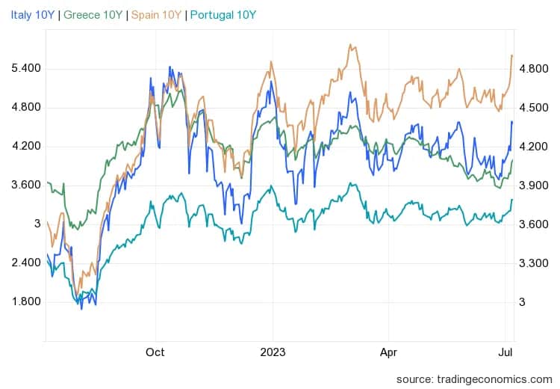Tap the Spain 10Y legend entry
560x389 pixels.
click(x=154, y=14)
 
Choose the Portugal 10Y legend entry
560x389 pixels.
click(x=222, y=14)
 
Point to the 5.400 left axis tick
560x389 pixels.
click(x=26, y=69)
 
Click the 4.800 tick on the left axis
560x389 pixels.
click(x=26, y=108)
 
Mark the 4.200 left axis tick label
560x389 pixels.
click(x=26, y=147)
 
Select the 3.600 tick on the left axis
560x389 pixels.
click(x=26, y=186)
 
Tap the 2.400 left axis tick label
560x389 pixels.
click(x=26, y=263)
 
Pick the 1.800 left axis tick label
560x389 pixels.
click(x=26, y=302)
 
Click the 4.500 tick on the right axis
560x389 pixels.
click(x=533, y=108)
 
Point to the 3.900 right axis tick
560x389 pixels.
click(x=533, y=186)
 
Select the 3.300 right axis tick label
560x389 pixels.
click(x=533, y=263)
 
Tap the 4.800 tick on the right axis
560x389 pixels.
click(x=533, y=69)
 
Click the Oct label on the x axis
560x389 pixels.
click(x=155, y=352)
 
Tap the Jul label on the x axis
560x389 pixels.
click(x=505, y=352)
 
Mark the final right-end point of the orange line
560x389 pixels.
click(x=511, y=55)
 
